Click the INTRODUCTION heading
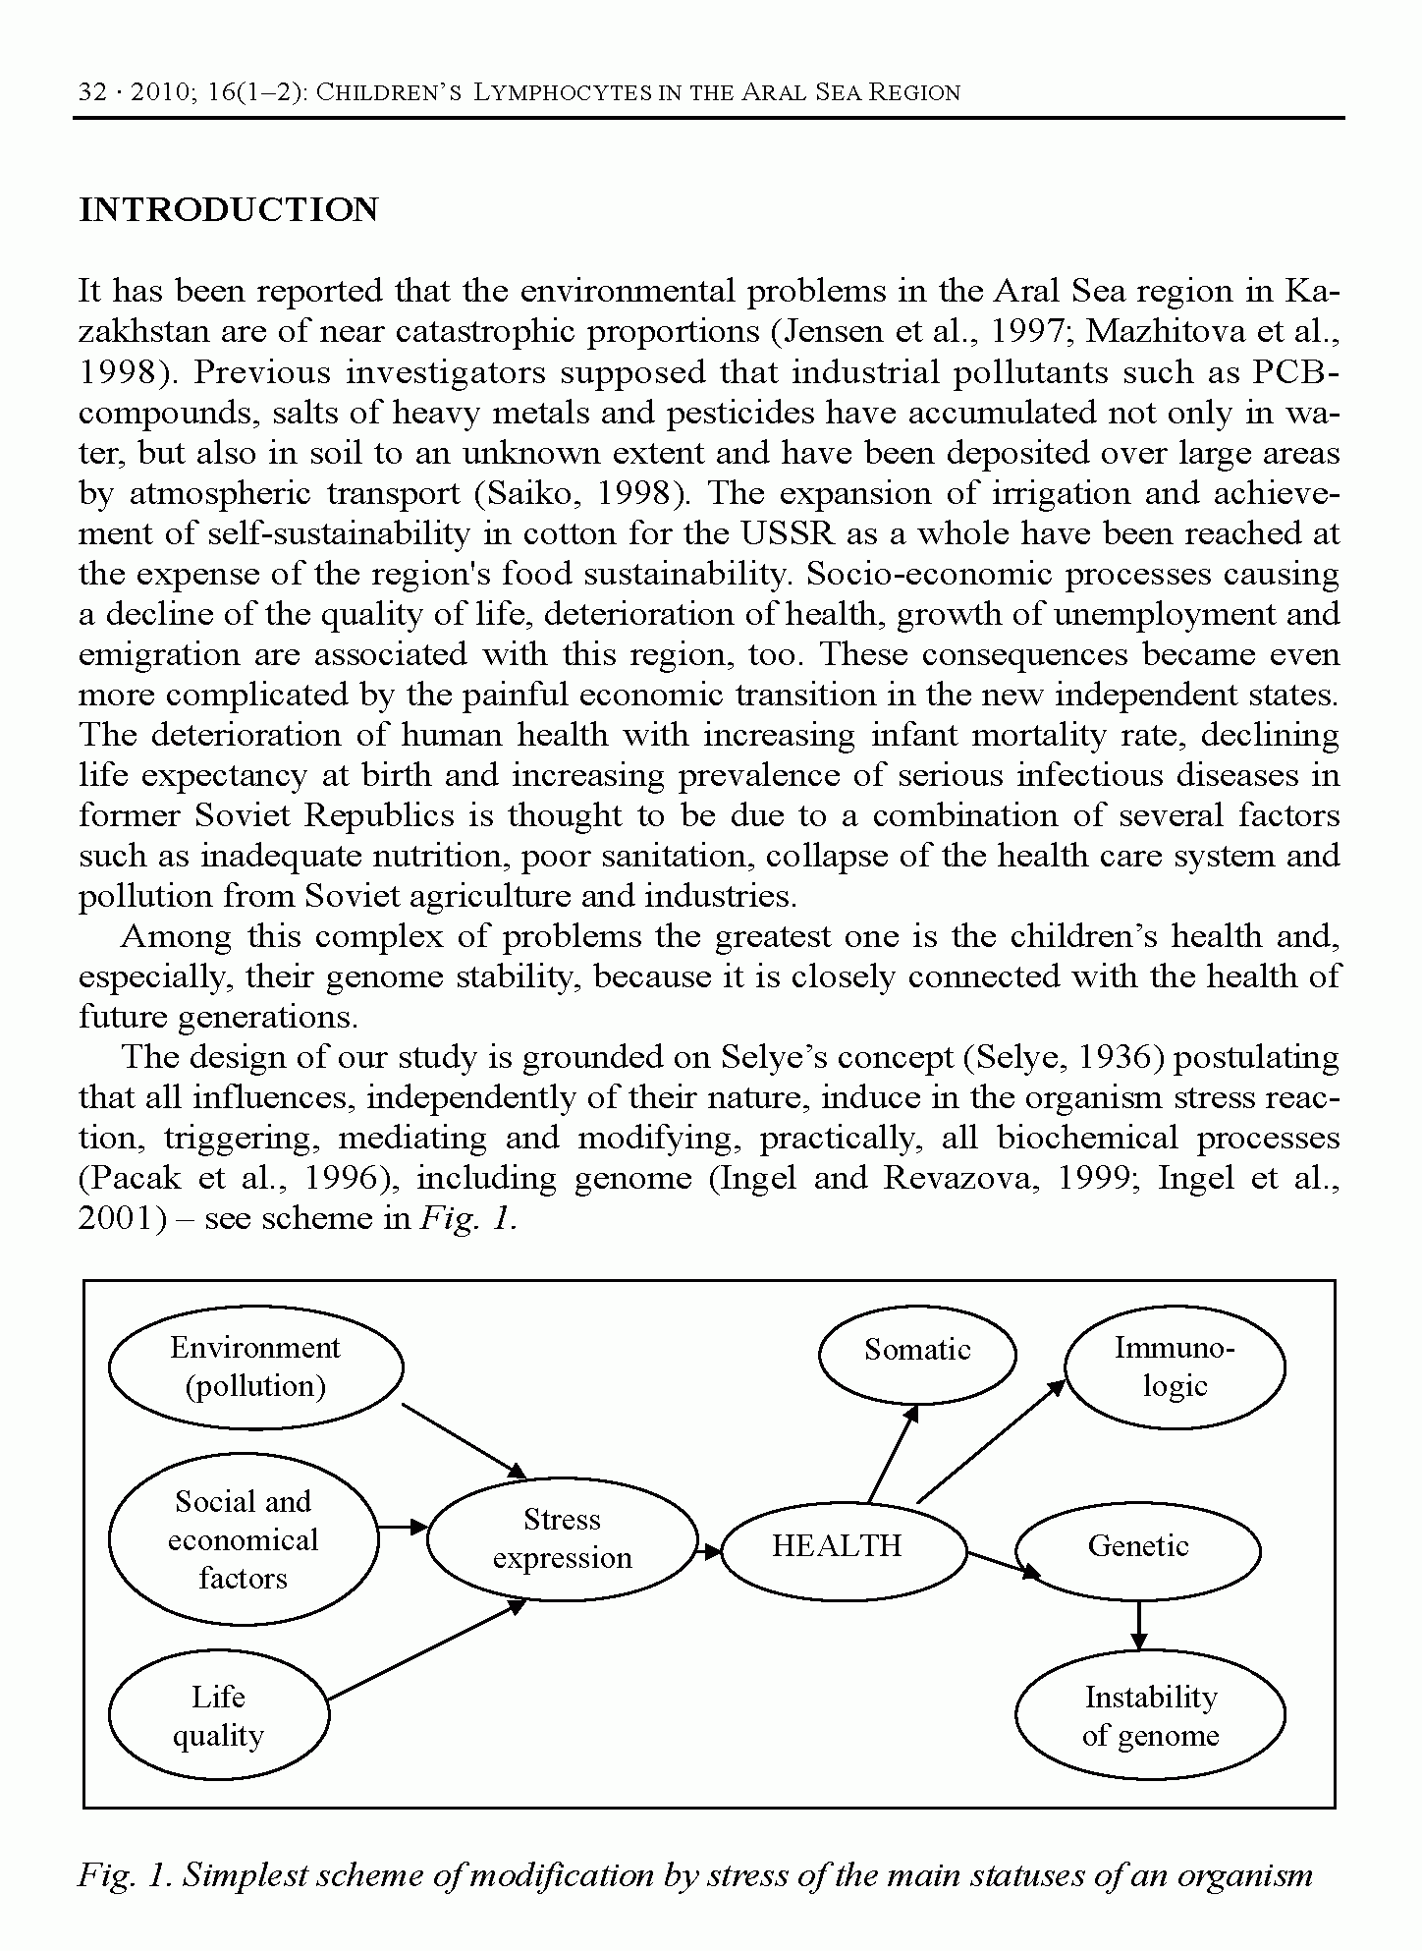tap(228, 210)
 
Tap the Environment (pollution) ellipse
tap(255, 1366)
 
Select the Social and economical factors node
tap(243, 1539)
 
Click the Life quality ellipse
tap(218, 1716)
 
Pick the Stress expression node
tap(562, 1538)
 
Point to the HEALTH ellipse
tap(837, 1546)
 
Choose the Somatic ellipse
tap(917, 1351)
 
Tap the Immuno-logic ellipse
tap(1175, 1366)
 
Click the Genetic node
tap(1137, 1546)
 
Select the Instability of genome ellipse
tap(1150, 1716)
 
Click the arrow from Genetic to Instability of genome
tap(1138, 1625)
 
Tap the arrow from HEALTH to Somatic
tap(893, 1455)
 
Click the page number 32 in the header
tap(91, 93)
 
